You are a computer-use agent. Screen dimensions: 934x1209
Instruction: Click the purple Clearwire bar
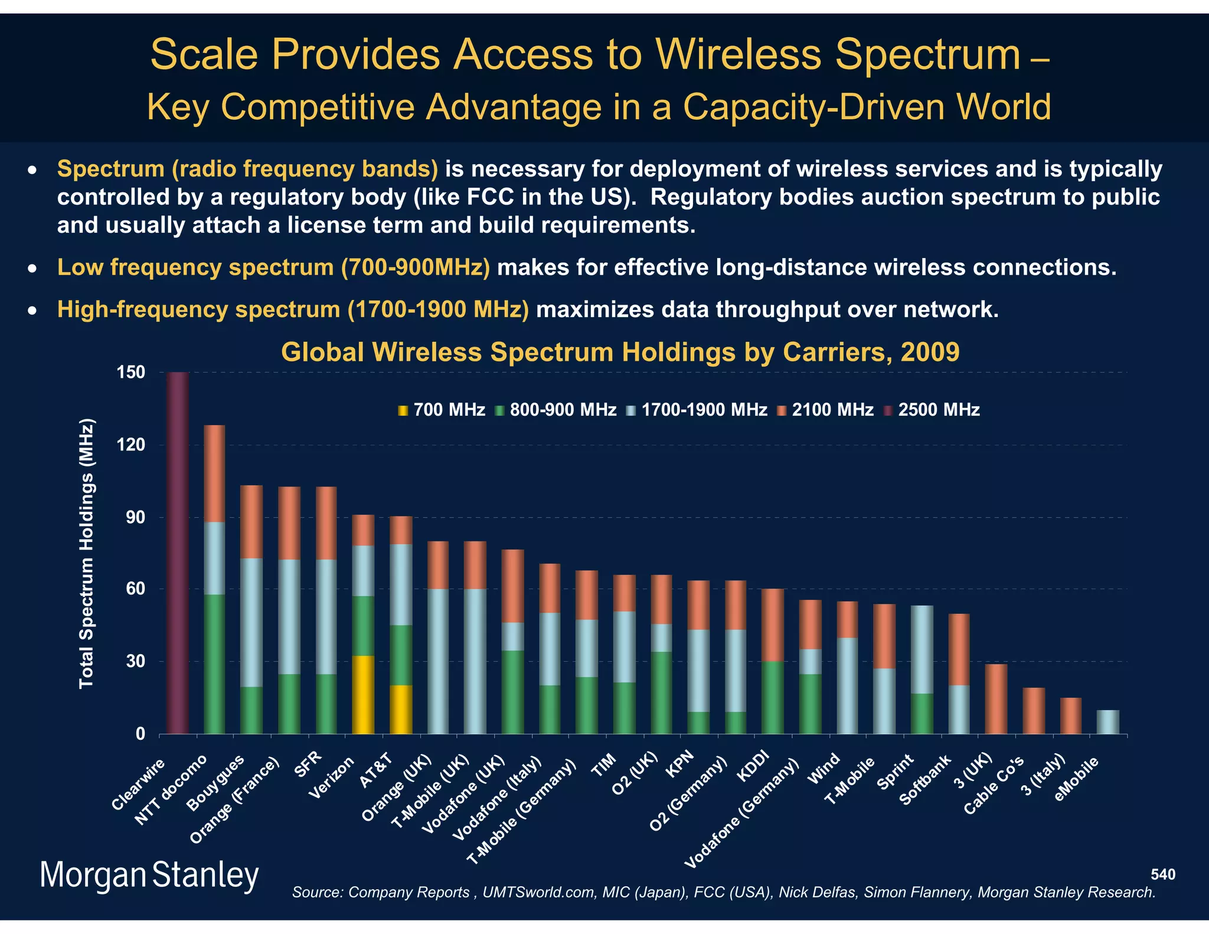tap(178, 553)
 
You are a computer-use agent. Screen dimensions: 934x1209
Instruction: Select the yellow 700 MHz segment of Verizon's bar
tap(363, 695)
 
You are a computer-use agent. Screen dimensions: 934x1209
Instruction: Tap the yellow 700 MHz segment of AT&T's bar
tap(401, 709)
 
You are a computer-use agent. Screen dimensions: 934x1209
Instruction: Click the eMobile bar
tap(1107, 722)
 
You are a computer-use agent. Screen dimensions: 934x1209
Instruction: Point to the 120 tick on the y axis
tap(132, 445)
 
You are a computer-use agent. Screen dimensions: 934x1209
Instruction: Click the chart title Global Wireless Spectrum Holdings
tap(620, 352)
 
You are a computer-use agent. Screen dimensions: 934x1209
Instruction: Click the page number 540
tap(1163, 874)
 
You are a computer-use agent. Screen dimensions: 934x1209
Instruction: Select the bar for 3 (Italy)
tap(1071, 716)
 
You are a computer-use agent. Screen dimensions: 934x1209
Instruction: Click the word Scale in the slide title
tap(204, 54)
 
